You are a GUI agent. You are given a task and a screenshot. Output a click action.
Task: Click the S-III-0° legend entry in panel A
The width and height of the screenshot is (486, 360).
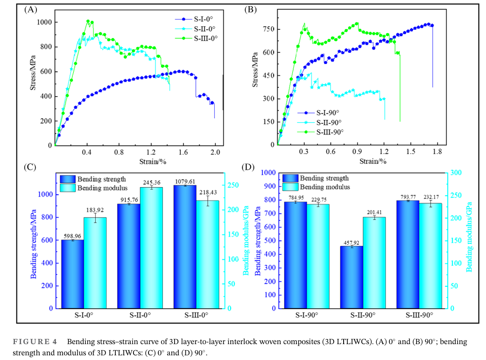click(x=205, y=38)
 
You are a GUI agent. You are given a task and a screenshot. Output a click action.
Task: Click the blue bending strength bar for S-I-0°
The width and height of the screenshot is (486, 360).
click(x=72, y=274)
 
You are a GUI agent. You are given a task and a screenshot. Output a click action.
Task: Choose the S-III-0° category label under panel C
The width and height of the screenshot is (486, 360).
click(x=196, y=315)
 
